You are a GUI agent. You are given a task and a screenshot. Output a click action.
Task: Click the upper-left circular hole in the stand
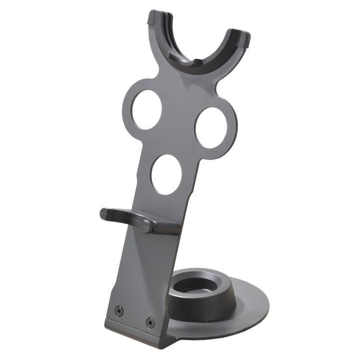[x=147, y=109]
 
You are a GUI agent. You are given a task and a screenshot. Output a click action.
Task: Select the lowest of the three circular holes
[x=166, y=174]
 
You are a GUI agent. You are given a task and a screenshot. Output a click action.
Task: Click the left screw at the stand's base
[x=119, y=311]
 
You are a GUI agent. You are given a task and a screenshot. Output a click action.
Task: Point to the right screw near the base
[x=150, y=322]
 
